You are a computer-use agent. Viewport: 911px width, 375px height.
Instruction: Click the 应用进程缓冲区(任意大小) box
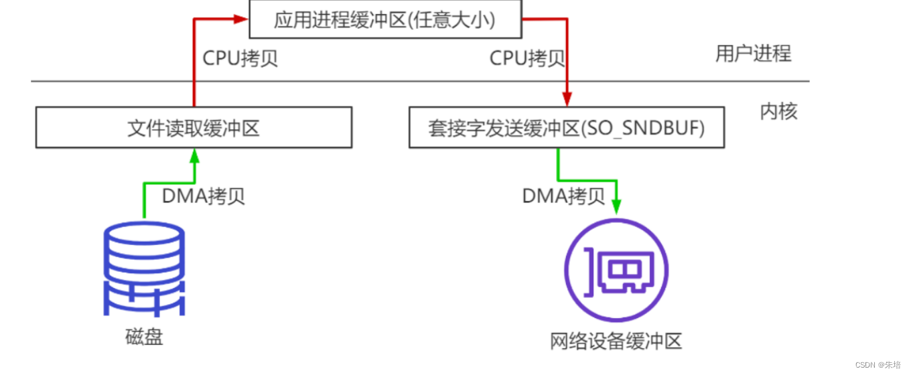385,19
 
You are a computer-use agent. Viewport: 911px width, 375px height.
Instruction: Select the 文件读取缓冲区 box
194,128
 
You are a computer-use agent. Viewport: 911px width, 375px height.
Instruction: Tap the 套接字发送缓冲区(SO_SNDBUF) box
567,128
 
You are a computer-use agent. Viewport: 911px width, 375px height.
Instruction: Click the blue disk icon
144,268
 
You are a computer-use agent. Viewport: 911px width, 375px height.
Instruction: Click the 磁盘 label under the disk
144,336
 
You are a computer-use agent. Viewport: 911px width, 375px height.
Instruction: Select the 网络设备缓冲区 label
616,341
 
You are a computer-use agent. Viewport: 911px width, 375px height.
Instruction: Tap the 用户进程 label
753,54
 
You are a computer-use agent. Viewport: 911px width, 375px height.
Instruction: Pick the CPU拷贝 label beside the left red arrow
240,59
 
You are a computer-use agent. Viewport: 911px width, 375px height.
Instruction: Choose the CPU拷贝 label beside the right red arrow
527,59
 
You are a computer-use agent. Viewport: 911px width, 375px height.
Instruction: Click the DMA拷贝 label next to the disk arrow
204,196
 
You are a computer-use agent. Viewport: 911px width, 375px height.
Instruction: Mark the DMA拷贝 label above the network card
564,196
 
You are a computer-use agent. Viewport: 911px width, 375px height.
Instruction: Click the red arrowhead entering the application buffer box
242,19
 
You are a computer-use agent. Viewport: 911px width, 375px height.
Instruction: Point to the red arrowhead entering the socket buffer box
567,101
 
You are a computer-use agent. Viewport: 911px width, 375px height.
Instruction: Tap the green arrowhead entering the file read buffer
194,155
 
